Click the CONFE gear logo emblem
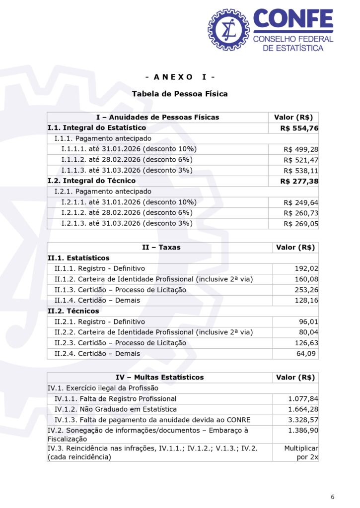229,29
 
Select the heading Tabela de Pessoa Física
180,94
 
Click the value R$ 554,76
299,128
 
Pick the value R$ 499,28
301,149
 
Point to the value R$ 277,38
299,181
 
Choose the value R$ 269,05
301,224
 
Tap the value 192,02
306,268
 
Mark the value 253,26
306,290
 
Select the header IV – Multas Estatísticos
159,378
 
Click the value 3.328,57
303,420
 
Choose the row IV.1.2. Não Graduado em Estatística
116,409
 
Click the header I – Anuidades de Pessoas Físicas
157,117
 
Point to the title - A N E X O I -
180,77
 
